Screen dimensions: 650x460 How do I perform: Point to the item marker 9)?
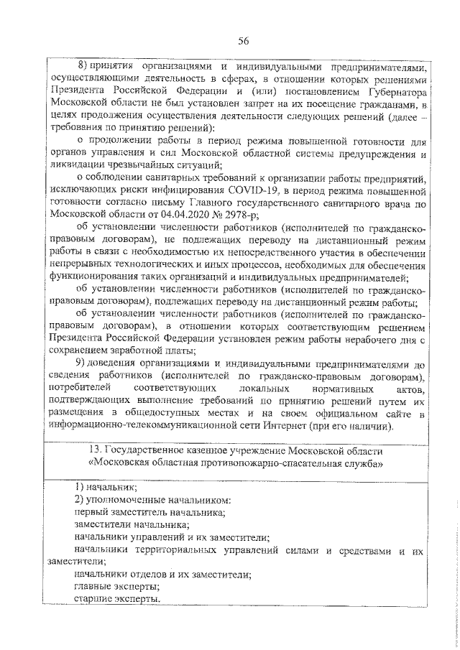[81, 364]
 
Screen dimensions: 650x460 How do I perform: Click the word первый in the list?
[91, 512]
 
